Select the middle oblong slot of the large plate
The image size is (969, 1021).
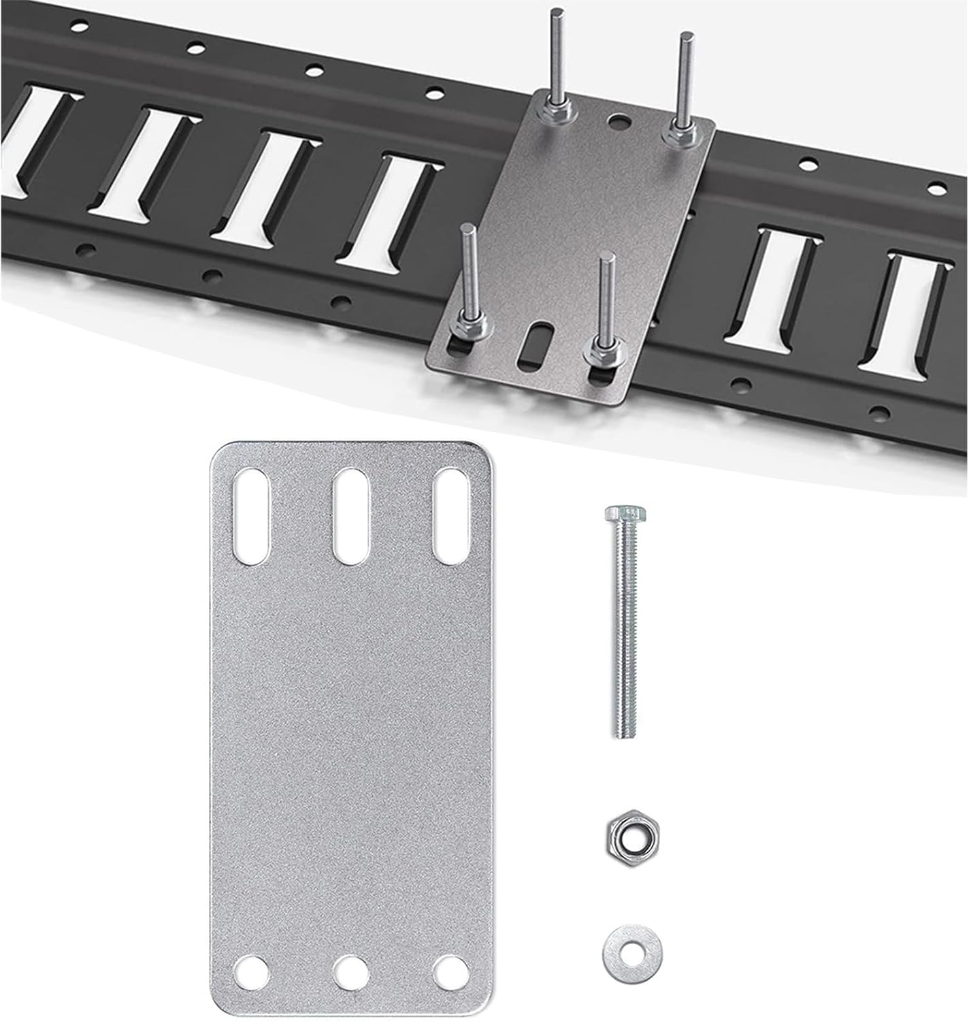point(352,515)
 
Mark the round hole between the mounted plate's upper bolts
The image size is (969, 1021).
point(619,123)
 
